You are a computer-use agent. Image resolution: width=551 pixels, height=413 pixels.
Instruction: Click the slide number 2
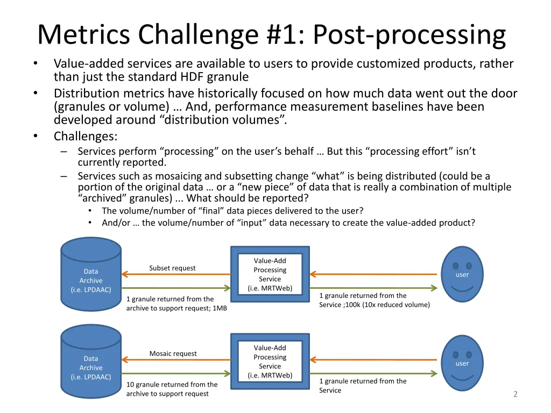click(x=515, y=394)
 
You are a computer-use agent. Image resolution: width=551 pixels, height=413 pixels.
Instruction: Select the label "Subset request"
click(x=172, y=268)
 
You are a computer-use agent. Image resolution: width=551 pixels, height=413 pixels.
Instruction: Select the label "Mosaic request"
click(x=173, y=353)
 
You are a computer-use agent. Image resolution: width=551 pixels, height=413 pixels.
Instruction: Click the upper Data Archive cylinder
click(x=91, y=274)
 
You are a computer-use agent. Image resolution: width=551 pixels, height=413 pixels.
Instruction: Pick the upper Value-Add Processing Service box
click(x=270, y=274)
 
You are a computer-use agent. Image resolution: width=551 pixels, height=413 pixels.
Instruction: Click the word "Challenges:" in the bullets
click(x=86, y=136)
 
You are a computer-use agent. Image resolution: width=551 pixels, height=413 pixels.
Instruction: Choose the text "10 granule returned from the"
click(x=172, y=384)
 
